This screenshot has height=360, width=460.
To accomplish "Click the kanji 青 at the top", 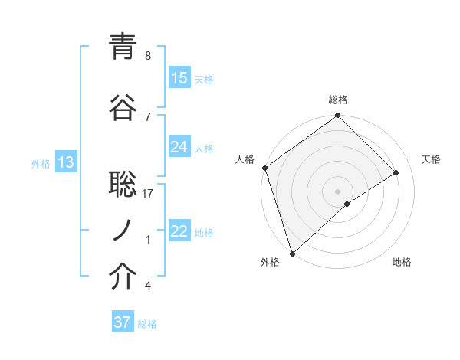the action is click(x=123, y=47).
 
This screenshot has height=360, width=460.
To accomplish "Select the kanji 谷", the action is click(x=123, y=106).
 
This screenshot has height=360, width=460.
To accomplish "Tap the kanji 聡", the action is click(x=123, y=183).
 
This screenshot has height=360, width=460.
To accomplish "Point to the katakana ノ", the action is click(x=123, y=229).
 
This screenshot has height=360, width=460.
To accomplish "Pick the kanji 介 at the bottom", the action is click(x=123, y=277).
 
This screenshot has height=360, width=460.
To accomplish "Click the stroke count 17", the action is click(x=149, y=195).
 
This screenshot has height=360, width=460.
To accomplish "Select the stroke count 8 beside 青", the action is click(x=148, y=56).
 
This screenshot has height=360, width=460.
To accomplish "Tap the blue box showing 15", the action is click(x=179, y=77).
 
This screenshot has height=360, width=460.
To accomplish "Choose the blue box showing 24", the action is click(x=179, y=147).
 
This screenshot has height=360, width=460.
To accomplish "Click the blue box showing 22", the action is click(x=179, y=231).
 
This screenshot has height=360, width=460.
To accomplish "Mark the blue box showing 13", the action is click(x=65, y=162).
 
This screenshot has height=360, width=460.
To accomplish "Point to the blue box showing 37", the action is click(x=122, y=322).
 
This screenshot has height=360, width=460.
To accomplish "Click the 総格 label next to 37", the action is click(x=147, y=324).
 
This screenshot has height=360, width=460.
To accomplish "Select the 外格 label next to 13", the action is click(x=41, y=163).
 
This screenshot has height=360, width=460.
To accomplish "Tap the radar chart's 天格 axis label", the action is click(x=432, y=159).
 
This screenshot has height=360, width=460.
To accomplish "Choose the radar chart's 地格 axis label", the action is click(x=402, y=262).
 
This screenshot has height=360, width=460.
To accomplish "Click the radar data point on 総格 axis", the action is click(x=337, y=116).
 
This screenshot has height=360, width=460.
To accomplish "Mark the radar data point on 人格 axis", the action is click(x=264, y=168).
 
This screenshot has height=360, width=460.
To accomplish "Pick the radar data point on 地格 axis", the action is click(x=347, y=204).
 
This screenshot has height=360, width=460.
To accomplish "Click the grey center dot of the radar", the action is click(x=337, y=191).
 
